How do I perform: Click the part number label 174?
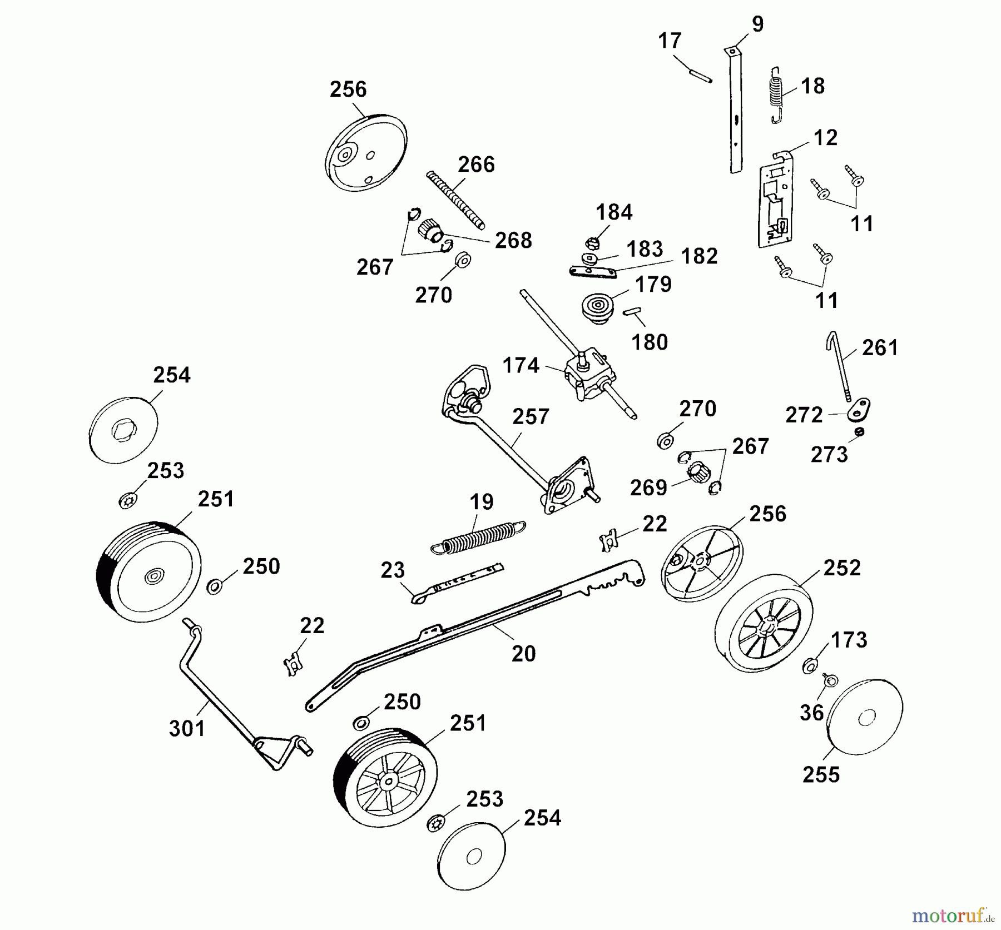point(521,366)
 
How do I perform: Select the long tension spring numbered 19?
point(478,538)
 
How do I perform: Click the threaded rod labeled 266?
point(456,200)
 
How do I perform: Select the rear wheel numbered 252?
point(762,624)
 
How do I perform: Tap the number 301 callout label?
point(187,728)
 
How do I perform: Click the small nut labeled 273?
point(860,432)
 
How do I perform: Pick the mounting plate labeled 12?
point(775,206)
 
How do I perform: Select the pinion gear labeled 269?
point(698,474)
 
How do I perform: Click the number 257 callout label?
point(531,417)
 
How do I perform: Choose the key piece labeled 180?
point(633,311)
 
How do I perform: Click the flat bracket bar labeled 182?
point(593,271)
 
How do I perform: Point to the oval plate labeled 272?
point(859,410)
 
